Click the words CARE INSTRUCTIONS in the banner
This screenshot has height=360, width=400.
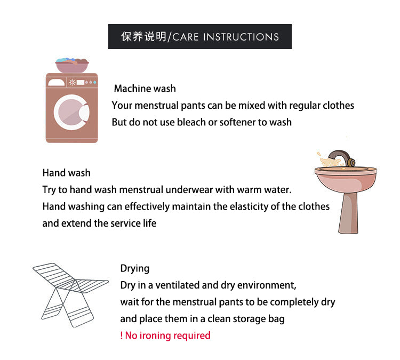click(x=226, y=37)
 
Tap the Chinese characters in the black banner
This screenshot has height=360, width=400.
click(x=143, y=37)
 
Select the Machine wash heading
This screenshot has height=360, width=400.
click(x=145, y=89)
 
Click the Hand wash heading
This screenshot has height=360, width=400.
click(x=66, y=173)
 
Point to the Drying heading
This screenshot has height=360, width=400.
click(x=135, y=269)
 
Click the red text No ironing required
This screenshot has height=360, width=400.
click(x=165, y=335)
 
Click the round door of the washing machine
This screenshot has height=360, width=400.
click(x=71, y=112)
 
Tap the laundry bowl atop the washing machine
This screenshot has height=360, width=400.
click(x=72, y=65)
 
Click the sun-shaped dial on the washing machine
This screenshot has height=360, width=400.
click(x=72, y=82)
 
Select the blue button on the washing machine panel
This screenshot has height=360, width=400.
click(x=95, y=82)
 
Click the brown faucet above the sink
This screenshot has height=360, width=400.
click(x=342, y=158)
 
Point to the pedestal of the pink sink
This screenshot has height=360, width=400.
click(x=348, y=213)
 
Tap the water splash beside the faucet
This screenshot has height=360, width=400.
click(x=330, y=161)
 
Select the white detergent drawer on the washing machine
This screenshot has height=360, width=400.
click(x=57, y=83)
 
